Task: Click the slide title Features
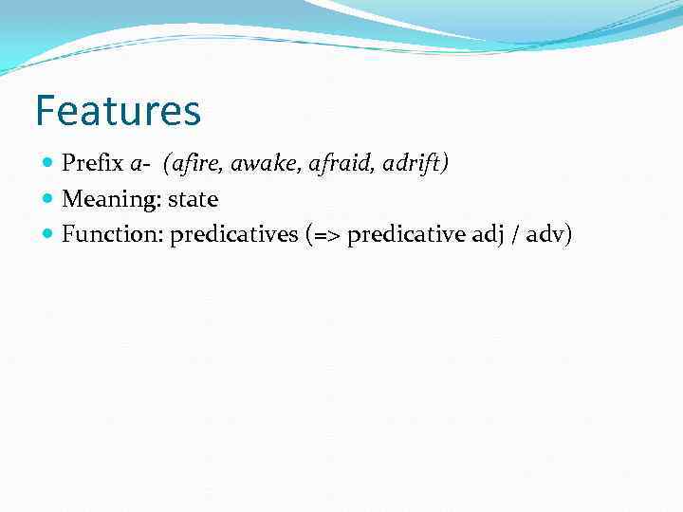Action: pyautogui.click(x=119, y=111)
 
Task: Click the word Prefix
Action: pyautogui.click(x=93, y=164)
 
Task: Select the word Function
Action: pyautogui.click(x=112, y=236)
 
